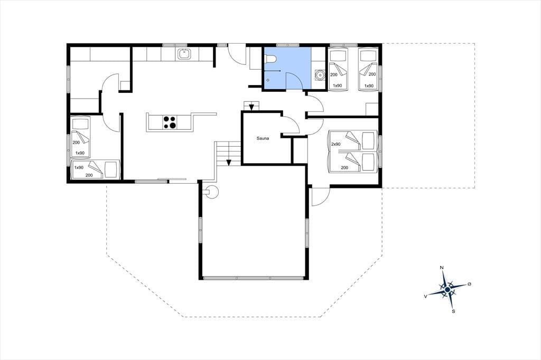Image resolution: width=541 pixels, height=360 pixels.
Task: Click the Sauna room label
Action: (263, 138)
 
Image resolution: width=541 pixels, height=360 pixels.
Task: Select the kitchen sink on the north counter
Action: (184, 54)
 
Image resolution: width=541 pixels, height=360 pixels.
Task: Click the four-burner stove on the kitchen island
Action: (170, 122)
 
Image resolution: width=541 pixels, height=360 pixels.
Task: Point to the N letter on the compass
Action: (441, 268)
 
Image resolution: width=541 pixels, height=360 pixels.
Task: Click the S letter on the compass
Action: (453, 311)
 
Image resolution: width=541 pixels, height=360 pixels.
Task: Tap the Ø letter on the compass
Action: (469, 284)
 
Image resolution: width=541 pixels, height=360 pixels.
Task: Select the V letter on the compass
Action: (426, 296)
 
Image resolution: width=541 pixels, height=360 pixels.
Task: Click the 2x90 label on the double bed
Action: (335, 144)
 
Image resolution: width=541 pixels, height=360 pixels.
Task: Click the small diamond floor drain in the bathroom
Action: (268, 80)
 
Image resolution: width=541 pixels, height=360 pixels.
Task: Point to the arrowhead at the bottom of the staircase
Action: (228, 163)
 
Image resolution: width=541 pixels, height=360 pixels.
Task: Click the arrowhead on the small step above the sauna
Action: (251, 107)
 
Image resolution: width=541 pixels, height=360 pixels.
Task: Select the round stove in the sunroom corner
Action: (211, 192)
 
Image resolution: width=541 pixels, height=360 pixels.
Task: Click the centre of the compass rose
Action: (447, 289)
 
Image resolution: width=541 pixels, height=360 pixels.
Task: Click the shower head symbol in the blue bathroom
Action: (279, 71)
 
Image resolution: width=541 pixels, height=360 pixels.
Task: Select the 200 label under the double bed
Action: (344, 167)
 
